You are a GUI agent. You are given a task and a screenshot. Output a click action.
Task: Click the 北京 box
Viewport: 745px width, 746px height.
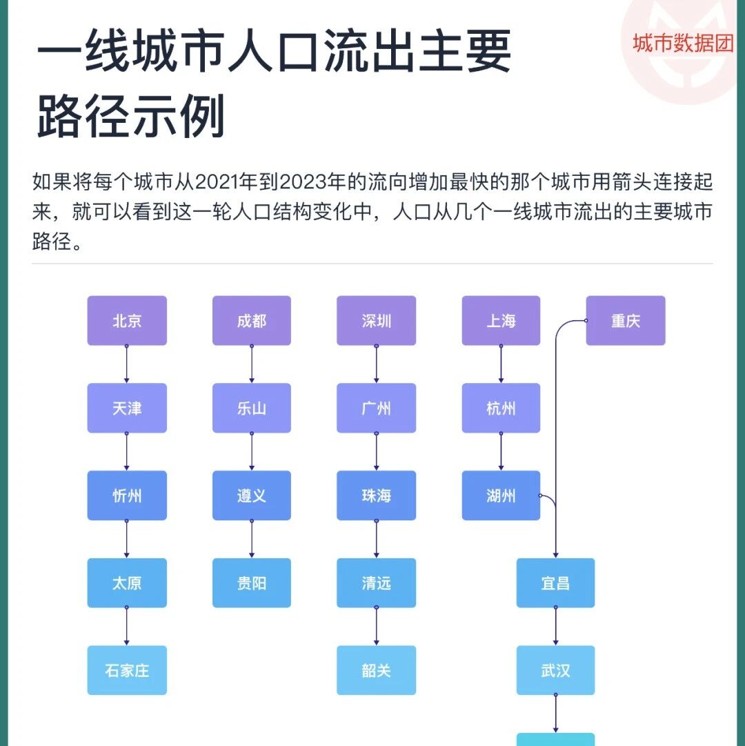[127, 321]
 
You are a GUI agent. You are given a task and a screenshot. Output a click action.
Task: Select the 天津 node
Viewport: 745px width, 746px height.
[127, 409]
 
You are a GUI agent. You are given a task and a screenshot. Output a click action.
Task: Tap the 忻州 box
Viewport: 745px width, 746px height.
[127, 495]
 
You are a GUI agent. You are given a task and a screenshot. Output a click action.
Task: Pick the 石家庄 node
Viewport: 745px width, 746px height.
[127, 670]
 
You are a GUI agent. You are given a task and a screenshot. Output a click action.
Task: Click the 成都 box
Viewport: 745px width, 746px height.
[252, 321]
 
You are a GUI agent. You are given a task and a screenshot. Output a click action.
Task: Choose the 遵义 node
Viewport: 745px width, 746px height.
[252, 495]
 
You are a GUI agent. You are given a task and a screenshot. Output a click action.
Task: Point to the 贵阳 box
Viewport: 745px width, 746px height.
[252, 583]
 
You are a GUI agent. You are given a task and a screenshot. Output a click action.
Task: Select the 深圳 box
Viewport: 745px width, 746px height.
[377, 321]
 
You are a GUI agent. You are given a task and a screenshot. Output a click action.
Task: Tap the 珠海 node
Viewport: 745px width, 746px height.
[377, 495]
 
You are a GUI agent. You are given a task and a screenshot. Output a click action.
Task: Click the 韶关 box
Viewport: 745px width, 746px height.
[377, 670]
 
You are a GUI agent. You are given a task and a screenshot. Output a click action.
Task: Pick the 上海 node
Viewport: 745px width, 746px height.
[501, 321]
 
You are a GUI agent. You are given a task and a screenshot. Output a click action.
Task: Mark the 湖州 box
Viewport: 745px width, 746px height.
[501, 495]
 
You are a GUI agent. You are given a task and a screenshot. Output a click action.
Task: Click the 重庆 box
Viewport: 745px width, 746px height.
[626, 321]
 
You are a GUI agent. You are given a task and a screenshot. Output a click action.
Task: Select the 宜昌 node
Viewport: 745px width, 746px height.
[556, 583]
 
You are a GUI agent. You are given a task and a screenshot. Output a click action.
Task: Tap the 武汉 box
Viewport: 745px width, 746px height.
[556, 670]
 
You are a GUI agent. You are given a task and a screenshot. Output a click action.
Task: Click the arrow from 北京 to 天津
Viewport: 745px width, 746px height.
[126, 364]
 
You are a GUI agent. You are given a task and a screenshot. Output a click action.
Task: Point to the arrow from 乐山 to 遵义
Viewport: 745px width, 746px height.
[252, 452]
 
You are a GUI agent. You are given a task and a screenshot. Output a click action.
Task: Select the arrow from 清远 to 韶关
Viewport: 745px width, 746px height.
[377, 627]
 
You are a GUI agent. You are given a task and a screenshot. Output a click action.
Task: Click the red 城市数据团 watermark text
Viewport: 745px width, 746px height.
[683, 43]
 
